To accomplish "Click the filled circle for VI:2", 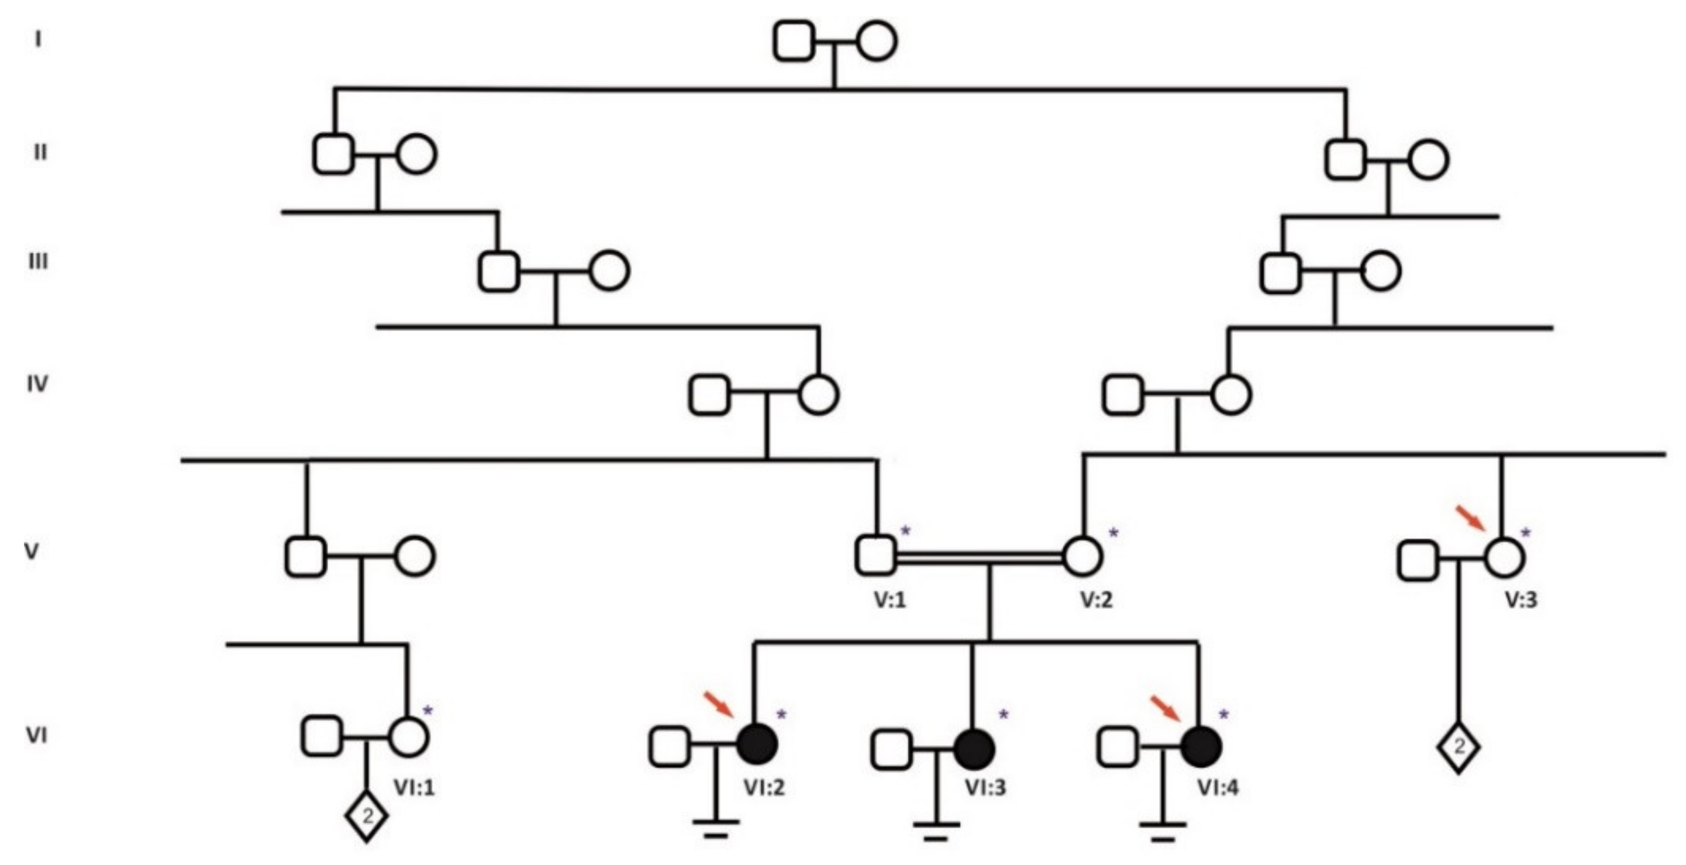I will click(x=758, y=745).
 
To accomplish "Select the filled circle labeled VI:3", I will click(x=974, y=749).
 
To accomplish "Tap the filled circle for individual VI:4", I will click(x=1202, y=747).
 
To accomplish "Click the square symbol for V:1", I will click(x=875, y=556).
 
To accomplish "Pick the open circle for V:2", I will click(x=1082, y=556).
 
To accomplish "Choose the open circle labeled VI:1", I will click(x=409, y=737).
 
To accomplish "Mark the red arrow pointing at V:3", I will click(x=1470, y=518).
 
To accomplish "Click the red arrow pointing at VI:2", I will click(x=718, y=704).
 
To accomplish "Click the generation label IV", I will click(x=37, y=384).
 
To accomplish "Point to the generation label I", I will click(x=38, y=40).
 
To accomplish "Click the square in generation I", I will click(x=794, y=40).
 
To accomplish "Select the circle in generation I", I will click(x=877, y=41).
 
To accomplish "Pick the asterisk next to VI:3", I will click(x=1004, y=715).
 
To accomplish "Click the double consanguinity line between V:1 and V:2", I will click(x=979, y=557).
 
